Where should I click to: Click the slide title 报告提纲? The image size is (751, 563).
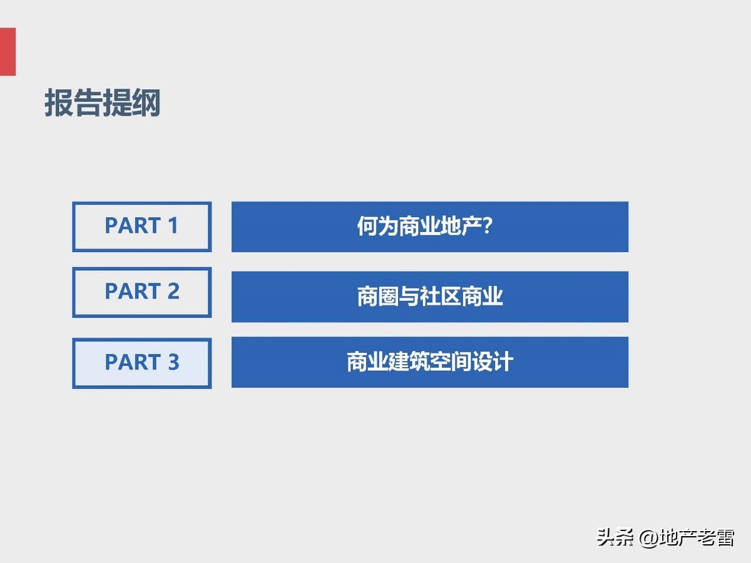coord(103,103)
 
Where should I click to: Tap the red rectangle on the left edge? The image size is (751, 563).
coord(8,51)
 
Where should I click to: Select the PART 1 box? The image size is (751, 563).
coord(142,226)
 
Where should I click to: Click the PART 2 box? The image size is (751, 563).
coord(142,292)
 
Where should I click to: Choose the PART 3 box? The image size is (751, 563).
coord(142,363)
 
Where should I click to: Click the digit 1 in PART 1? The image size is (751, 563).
coord(173,226)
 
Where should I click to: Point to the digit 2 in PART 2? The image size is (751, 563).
coord(173,292)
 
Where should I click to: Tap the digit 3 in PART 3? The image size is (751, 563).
coord(173,362)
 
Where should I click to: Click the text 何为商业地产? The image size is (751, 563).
coord(424,226)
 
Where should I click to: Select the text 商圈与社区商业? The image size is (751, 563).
coord(430,297)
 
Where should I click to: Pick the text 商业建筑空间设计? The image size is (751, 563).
coord(430,362)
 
